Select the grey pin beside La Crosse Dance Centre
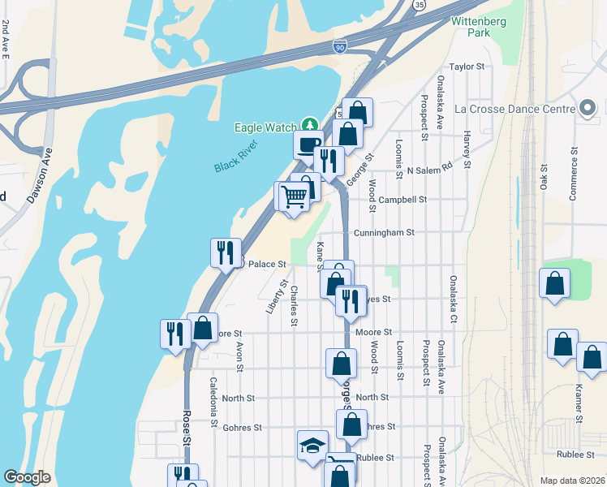click(589, 108)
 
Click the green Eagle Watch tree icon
click(308, 126)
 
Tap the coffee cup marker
click(308, 144)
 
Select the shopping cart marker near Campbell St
click(294, 195)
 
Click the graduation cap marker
click(312, 445)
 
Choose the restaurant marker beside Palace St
click(226, 252)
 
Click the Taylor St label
click(467, 67)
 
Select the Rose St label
click(186, 427)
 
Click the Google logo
click(27, 477)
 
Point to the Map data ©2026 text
click(571, 481)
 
